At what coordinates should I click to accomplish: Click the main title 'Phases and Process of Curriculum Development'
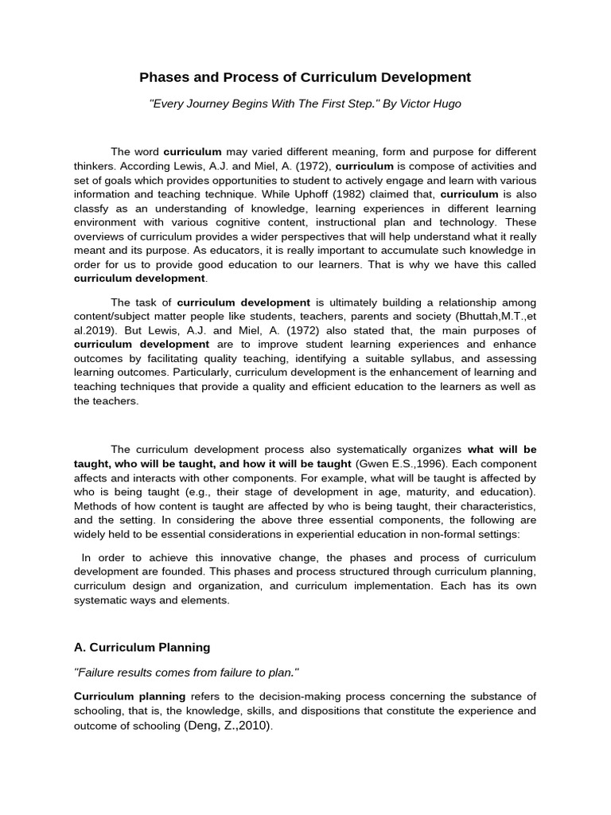tap(305, 77)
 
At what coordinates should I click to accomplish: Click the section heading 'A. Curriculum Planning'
tap(142, 647)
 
